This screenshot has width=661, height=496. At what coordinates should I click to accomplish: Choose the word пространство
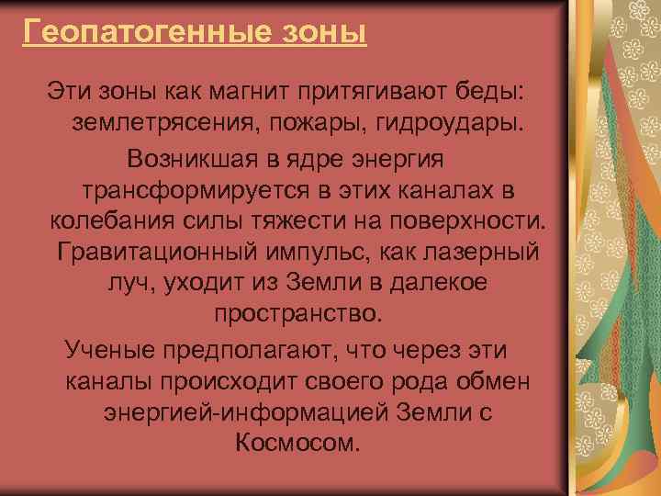point(296,315)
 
